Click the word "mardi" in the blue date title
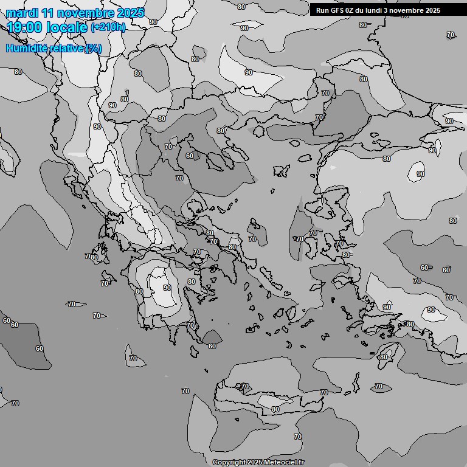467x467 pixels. click(21, 13)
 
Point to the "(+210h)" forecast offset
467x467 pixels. click(108, 27)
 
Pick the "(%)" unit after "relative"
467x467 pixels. click(94, 49)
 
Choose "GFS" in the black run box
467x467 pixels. click(342, 10)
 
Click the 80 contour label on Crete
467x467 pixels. click(275, 410)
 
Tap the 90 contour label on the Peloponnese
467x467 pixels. click(167, 288)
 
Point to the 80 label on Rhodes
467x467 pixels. click(383, 357)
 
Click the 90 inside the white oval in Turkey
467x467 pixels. click(420, 174)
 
